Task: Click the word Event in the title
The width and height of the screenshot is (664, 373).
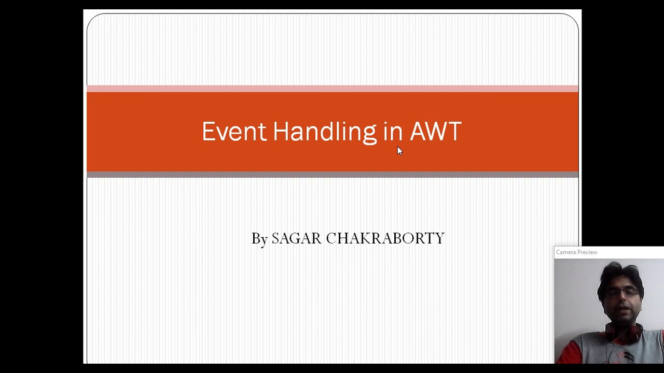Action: tap(233, 132)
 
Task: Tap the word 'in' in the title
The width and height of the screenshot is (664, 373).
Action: tap(393, 132)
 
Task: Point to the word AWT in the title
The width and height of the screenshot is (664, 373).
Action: tap(435, 132)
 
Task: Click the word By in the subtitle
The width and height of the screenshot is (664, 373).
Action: tap(259, 239)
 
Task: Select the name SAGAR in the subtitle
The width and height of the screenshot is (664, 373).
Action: tap(296, 238)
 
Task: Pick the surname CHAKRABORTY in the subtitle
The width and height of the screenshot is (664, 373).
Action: tap(385, 238)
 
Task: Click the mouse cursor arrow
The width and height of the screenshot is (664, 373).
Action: tap(399, 150)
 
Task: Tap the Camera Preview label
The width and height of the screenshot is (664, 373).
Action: tap(576, 252)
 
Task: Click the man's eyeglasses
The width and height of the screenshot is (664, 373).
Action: tap(622, 293)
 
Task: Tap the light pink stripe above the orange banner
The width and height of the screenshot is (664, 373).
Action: tap(332, 89)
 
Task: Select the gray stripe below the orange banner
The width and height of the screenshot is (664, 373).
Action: tap(332, 175)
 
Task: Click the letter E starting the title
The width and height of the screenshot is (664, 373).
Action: tap(208, 132)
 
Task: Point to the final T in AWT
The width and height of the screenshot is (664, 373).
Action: tap(455, 132)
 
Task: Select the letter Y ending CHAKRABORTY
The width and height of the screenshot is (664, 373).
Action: tap(440, 238)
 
